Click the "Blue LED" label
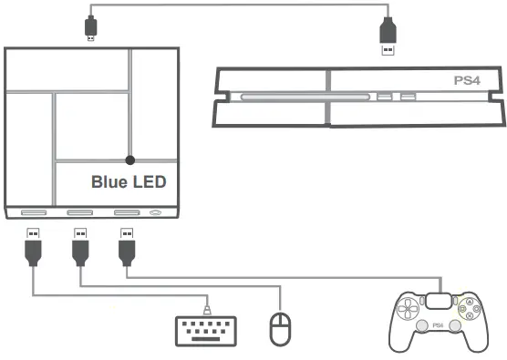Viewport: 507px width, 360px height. click(x=129, y=182)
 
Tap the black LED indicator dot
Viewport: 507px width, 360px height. click(x=130, y=160)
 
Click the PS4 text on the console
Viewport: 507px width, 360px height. click(x=467, y=81)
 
